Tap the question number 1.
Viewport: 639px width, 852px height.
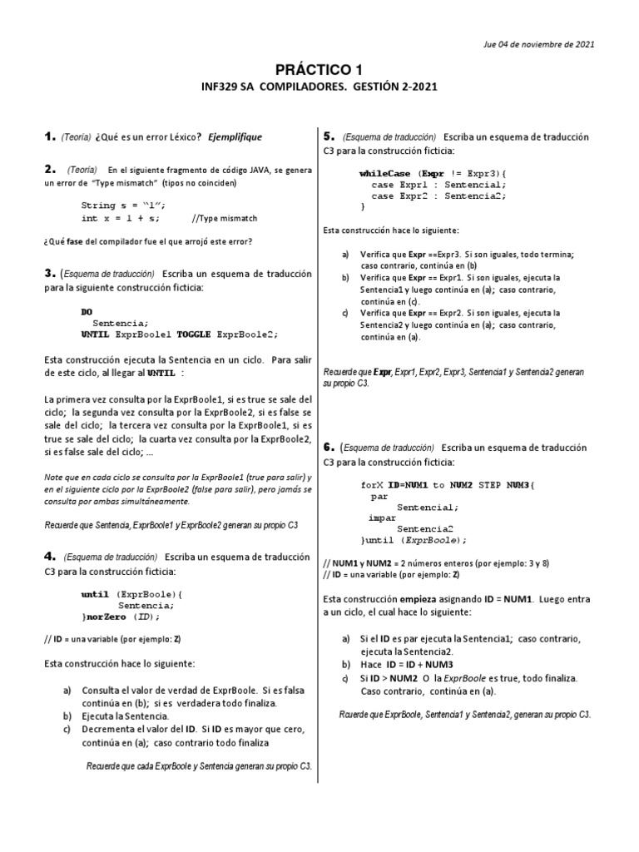[x=47, y=136]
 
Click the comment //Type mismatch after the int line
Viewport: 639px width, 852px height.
[x=224, y=218]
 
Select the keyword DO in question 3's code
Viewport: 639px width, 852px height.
[x=87, y=311]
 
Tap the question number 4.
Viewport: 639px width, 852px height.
[x=47, y=556]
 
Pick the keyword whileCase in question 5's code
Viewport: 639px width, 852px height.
[x=385, y=173]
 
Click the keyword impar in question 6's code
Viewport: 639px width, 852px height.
[x=382, y=517]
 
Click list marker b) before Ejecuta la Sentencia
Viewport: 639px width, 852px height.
[x=67, y=716]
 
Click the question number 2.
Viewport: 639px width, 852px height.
[x=47, y=169]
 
